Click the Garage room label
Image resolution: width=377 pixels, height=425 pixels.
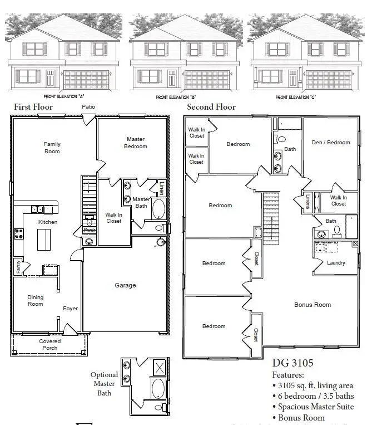125,285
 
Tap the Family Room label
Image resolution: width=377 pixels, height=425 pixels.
52,148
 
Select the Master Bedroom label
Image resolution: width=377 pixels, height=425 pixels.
136,143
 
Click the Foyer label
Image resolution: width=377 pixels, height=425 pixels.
70,309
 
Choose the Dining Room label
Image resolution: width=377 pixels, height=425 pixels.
36,301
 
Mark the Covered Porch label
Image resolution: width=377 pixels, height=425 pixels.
50,345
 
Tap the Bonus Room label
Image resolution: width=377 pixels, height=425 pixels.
312,305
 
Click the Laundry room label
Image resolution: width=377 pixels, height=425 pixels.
336,263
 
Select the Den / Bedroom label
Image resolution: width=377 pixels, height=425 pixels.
331,142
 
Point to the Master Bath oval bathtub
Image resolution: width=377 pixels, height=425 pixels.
158,210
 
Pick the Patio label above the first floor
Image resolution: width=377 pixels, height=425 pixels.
88,106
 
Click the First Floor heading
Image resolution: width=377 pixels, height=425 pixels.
33,107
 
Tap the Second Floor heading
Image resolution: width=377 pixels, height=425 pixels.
211,107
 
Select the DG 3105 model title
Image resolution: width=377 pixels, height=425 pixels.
292,363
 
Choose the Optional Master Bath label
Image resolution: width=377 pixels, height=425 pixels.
105,384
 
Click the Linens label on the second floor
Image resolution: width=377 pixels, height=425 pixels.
307,201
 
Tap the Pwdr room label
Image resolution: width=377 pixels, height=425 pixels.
88,229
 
